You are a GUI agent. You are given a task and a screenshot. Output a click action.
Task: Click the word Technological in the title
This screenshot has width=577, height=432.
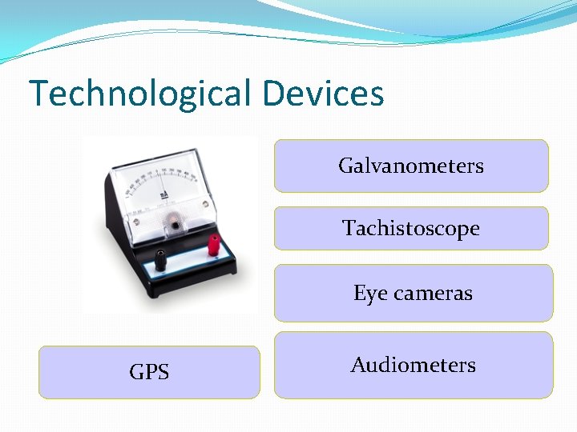pyautogui.click(x=140, y=94)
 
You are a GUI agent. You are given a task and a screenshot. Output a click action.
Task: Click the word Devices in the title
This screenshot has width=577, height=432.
pyautogui.click(x=322, y=93)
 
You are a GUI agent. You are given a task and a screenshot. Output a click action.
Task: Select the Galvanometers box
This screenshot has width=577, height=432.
pyautogui.click(x=411, y=166)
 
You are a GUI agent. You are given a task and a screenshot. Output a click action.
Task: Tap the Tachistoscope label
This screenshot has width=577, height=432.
pyautogui.click(x=411, y=229)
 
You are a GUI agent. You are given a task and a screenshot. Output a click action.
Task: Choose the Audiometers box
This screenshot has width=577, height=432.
pyautogui.click(x=414, y=366)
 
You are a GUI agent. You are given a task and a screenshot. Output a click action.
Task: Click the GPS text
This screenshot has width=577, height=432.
pyautogui.click(x=149, y=372)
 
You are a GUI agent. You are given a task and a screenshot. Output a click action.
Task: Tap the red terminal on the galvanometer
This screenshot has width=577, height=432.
pyautogui.click(x=214, y=245)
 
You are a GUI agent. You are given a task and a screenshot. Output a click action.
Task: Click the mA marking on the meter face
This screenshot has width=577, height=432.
pyautogui.click(x=163, y=194)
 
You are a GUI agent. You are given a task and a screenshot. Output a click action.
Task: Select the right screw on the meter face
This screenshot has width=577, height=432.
pyautogui.click(x=205, y=205)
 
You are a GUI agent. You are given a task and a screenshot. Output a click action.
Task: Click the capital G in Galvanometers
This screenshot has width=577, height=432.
pyautogui.click(x=346, y=166)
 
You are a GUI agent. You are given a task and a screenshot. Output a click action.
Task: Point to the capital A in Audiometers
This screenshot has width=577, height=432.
pyautogui.click(x=358, y=365)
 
